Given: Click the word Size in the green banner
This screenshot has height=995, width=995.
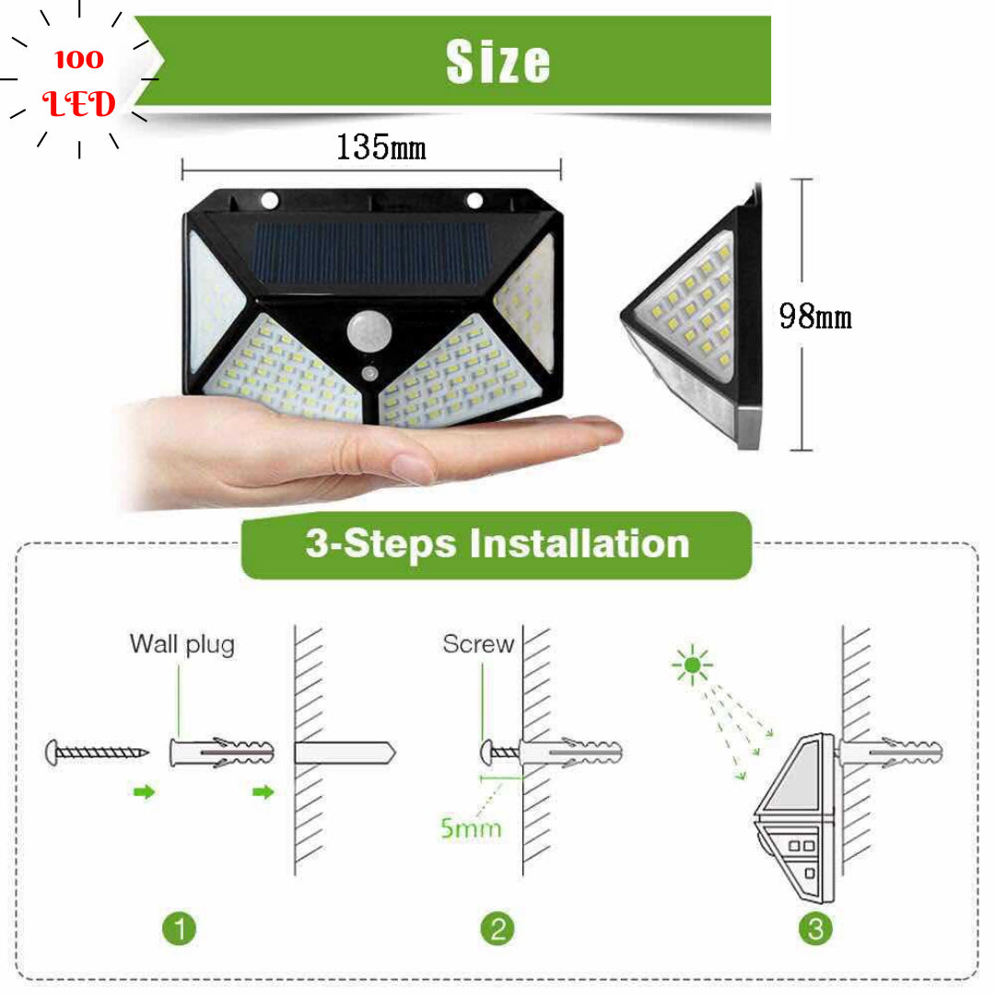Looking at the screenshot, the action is pos(498,62).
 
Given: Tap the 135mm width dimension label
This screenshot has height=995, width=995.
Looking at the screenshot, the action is pos(380,147).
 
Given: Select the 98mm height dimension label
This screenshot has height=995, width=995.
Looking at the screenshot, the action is pos(815,316).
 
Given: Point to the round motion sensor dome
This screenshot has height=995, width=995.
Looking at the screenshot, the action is pos(369,331).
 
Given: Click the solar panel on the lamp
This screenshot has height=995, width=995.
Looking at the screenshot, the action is pos(371,253).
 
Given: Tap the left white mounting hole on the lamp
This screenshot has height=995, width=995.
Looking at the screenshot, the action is pos(270,201).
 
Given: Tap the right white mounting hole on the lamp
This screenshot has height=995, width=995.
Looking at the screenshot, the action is pos(474,201).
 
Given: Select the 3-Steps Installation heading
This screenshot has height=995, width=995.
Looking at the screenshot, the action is pos(497,544).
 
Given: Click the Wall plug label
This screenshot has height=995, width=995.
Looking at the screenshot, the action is pos(182,645).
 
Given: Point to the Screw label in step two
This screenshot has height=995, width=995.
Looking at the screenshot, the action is pos(478,644).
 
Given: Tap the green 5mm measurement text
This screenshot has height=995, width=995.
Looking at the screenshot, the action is pos(471,828).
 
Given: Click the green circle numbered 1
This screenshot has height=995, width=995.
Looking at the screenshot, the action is pos(179,929).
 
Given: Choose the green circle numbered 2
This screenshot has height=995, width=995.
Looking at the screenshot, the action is pos(497,929).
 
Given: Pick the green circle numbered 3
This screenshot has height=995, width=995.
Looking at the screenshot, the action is pos(815,929).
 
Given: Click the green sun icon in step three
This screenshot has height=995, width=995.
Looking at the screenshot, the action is pos(692,664).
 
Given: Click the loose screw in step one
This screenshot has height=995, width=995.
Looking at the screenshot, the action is pos(97,753).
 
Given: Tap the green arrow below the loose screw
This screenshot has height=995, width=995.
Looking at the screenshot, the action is pos(144,792).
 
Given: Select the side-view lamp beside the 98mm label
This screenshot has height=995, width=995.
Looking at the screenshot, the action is pos(692,317).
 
